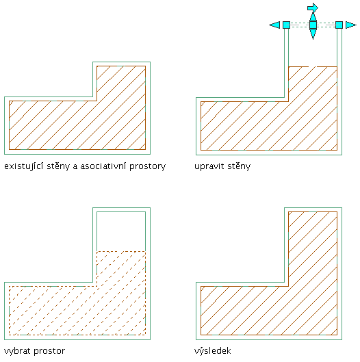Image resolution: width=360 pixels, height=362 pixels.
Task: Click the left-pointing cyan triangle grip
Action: pos(275,25)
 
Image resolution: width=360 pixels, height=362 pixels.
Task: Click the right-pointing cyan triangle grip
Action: pos(351,25)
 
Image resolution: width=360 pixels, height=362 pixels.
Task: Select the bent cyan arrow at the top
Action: pos(313,8)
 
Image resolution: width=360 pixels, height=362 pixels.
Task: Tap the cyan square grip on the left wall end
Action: pos(286,25)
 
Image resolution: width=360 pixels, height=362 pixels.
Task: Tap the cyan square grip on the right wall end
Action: pos(339,25)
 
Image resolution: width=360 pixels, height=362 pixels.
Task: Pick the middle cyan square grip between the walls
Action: pos(313,25)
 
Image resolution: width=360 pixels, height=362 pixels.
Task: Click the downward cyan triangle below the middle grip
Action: pos(313,34)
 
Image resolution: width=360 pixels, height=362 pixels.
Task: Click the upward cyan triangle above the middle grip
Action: pos(313,16)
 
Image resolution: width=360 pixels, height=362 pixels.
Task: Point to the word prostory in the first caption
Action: pos(147,167)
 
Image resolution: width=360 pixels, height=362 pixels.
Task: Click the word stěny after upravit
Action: pos(239,166)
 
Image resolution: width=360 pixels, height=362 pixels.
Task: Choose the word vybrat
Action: pos(17,351)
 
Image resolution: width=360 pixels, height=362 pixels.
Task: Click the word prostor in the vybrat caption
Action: pos(49,352)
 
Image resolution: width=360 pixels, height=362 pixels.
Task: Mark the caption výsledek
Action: pos(212,351)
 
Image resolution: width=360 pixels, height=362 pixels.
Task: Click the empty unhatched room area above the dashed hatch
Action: pos(121,231)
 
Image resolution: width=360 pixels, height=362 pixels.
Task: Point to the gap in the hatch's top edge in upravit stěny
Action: pos(312,67)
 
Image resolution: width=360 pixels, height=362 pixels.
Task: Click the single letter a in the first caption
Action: pos(75,167)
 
